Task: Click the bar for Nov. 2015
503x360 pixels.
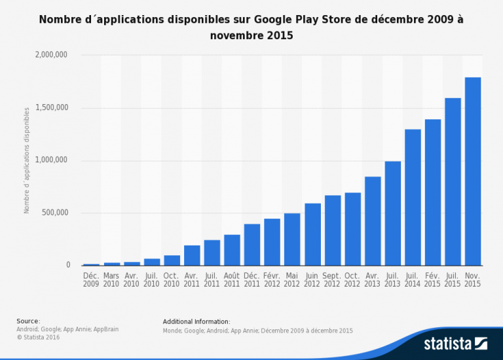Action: [473, 171]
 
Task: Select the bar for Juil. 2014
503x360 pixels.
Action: [413, 197]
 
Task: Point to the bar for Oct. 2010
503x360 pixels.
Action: [172, 260]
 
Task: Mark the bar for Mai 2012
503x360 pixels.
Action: [292, 239]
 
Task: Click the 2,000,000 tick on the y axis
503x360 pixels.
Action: [52, 56]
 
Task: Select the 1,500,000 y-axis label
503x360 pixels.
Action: [52, 108]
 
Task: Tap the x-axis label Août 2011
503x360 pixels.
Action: [232, 280]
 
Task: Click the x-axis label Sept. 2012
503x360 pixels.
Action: [332, 280]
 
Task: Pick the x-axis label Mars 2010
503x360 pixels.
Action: [111, 280]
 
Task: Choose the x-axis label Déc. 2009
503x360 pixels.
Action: [91, 280]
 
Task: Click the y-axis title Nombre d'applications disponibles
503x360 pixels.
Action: [27, 160]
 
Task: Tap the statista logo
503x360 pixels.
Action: [455, 343]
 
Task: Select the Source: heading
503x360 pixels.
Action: [28, 321]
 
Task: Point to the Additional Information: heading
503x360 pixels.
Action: [196, 321]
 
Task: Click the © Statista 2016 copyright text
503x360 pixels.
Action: [37, 336]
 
